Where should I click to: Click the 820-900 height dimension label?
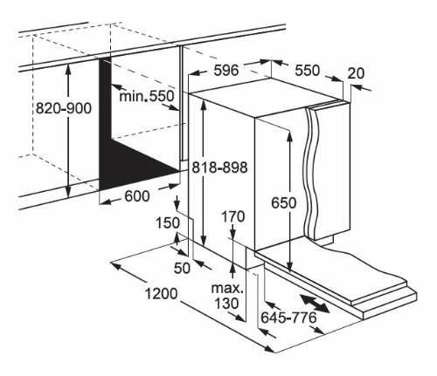[64, 108]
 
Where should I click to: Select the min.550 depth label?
[147, 96]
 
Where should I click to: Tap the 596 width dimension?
[226, 70]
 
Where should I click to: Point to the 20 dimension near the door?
[356, 73]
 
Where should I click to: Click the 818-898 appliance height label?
[219, 167]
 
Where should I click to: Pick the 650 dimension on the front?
[284, 202]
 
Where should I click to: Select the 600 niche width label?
[137, 196]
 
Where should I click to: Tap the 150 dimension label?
[168, 223]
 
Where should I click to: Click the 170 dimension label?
[233, 216]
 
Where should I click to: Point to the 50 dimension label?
[182, 268]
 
